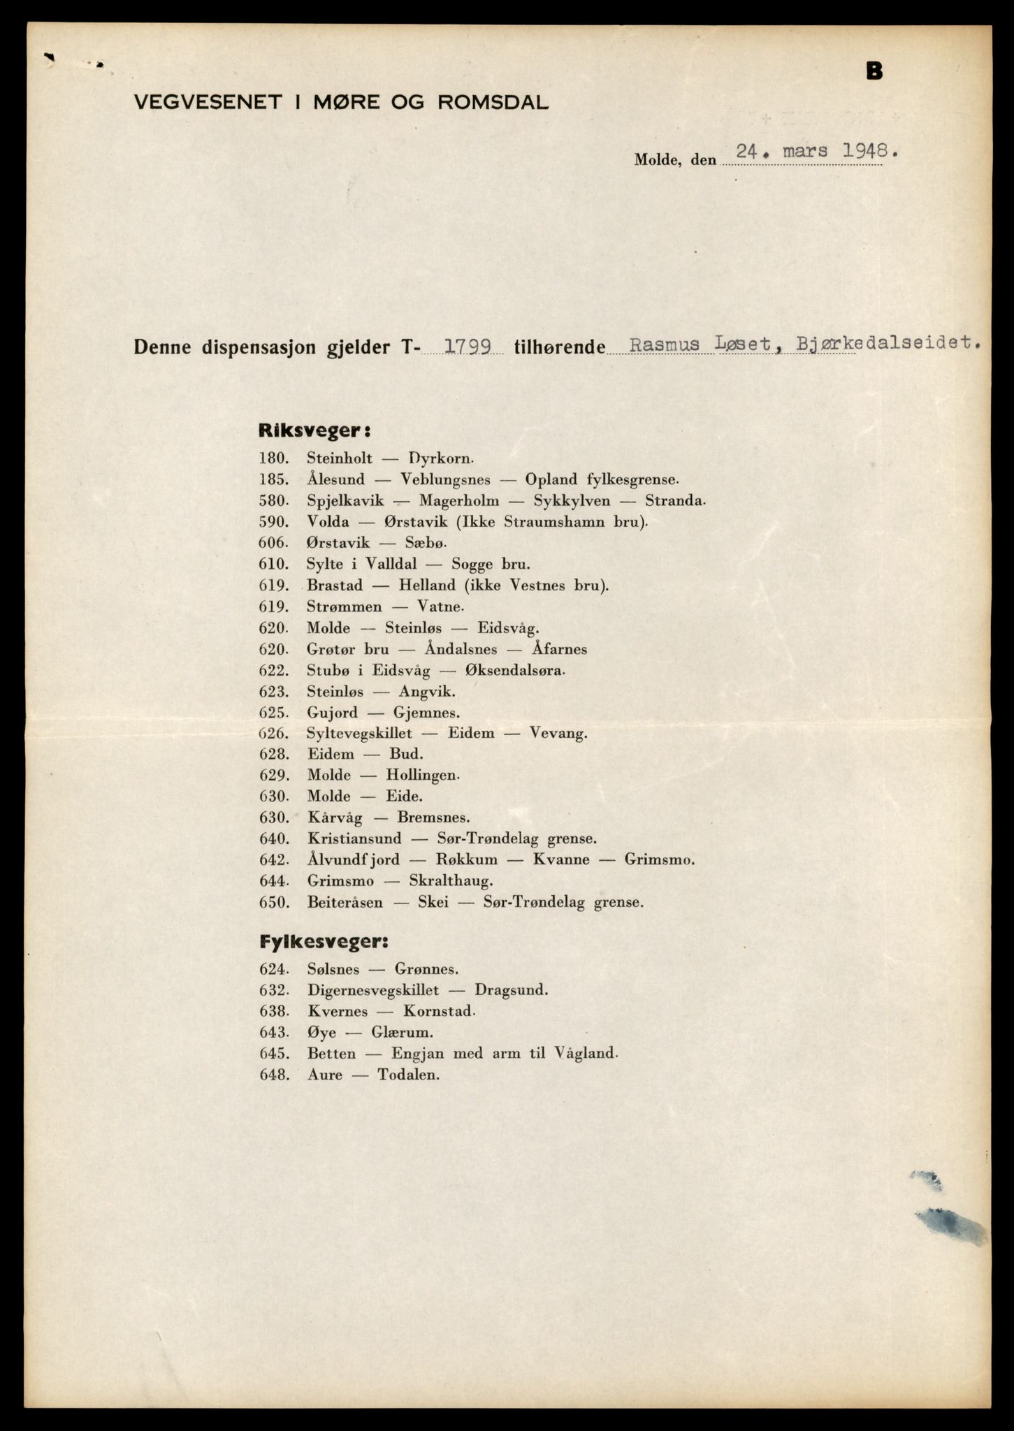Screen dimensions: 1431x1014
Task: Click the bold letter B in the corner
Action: click(x=874, y=71)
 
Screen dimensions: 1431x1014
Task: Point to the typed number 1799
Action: click(x=468, y=345)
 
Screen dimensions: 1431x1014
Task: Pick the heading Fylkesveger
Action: click(x=323, y=941)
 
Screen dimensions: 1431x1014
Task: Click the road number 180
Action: click(x=273, y=458)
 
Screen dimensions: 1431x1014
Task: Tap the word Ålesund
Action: click(x=335, y=479)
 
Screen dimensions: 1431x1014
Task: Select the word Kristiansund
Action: click(x=354, y=838)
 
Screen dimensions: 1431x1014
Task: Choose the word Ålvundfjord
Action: click(x=353, y=859)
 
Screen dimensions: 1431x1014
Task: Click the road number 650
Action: click(x=273, y=902)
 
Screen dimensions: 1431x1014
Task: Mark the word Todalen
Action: click(x=409, y=1075)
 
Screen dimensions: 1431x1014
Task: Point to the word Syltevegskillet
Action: click(x=359, y=733)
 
